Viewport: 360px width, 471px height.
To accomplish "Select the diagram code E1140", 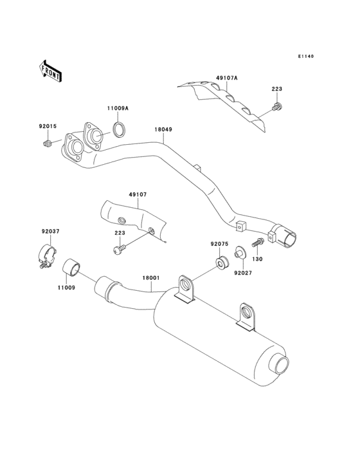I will click(x=305, y=57).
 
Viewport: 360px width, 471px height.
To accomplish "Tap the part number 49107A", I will click(x=226, y=78).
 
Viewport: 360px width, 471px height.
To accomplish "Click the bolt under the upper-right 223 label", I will click(x=276, y=106).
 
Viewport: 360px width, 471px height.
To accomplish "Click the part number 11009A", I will click(x=118, y=109).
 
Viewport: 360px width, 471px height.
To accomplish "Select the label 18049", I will click(x=163, y=129).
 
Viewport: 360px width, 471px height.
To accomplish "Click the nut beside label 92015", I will click(x=48, y=142).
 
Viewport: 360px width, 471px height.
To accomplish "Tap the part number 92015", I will click(x=48, y=127).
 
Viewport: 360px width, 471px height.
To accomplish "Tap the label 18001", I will click(x=150, y=278).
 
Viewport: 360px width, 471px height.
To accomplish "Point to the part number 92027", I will click(x=242, y=273).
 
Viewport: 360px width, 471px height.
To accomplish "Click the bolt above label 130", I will click(x=257, y=244).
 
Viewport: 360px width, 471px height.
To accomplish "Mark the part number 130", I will click(x=257, y=259).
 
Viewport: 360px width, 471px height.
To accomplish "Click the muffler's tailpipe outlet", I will click(x=281, y=365).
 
